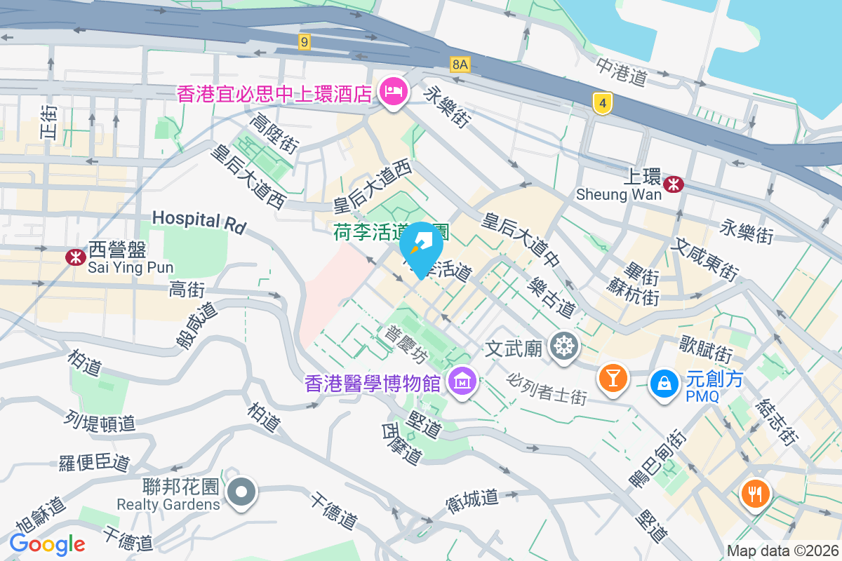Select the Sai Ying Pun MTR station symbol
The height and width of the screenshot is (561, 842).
(76, 257)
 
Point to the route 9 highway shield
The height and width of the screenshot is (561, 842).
(303, 43)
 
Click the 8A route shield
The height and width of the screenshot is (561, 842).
(460, 65)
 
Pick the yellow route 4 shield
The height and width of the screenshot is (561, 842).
(601, 104)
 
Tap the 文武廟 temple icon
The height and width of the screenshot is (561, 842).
(564, 346)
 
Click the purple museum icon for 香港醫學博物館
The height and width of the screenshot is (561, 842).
(462, 382)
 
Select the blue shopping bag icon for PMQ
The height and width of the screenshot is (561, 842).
(663, 382)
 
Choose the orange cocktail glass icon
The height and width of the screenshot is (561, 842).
(612, 378)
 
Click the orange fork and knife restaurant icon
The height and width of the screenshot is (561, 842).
(755, 493)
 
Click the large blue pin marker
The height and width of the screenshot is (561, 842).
(421, 248)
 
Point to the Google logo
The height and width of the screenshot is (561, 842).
(47, 543)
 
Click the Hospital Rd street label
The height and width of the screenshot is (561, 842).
(199, 222)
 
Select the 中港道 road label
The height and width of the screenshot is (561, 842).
(621, 72)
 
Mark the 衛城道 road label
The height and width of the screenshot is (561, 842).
(472, 499)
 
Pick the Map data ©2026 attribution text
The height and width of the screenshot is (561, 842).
(782, 551)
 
